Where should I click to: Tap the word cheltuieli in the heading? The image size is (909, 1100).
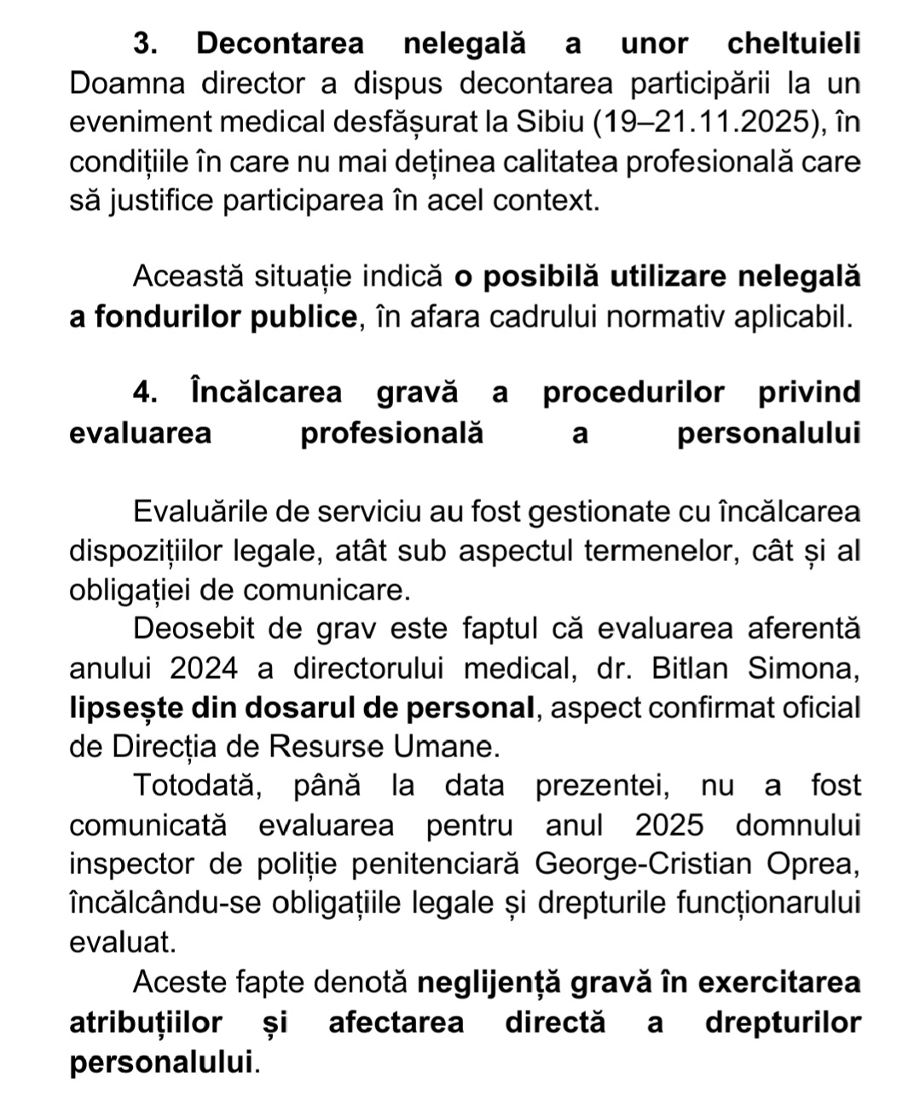coord(794,43)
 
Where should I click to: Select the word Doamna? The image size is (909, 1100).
coord(125,84)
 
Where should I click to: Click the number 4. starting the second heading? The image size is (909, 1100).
coord(146,393)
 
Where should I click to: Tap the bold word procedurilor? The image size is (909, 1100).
coord(634,393)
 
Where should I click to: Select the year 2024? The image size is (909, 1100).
coord(205,668)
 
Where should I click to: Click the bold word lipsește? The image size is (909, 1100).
coord(125,708)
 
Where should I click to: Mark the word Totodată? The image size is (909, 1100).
coord(196,785)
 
